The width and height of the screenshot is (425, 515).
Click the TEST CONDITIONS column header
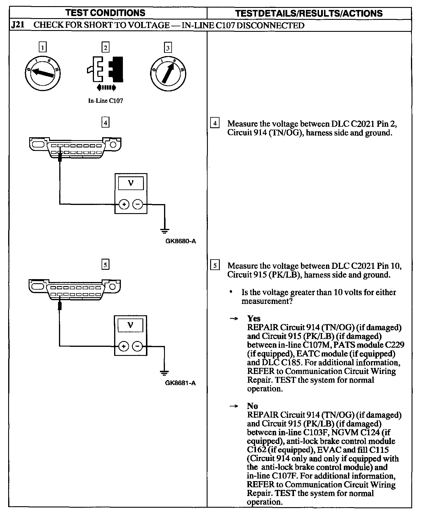[105, 13]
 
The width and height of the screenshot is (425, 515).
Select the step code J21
[17, 25]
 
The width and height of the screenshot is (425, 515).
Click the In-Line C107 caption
[105, 101]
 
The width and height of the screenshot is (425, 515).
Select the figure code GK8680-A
[180, 241]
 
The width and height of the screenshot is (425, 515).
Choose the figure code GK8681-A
[180, 383]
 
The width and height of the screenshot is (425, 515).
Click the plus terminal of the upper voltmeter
[124, 204]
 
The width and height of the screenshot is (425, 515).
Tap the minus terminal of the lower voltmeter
[137, 347]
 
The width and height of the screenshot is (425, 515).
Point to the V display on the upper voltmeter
[131, 183]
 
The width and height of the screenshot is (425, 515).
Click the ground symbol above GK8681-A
[164, 373]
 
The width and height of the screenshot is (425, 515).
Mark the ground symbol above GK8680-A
[164, 231]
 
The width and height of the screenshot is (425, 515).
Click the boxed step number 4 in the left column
[105, 123]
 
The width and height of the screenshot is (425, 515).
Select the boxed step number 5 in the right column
[215, 265]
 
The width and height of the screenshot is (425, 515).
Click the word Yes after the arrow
[254, 318]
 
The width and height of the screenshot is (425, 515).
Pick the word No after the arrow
[252, 406]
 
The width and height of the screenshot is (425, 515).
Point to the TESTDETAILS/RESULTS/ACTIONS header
[309, 13]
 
